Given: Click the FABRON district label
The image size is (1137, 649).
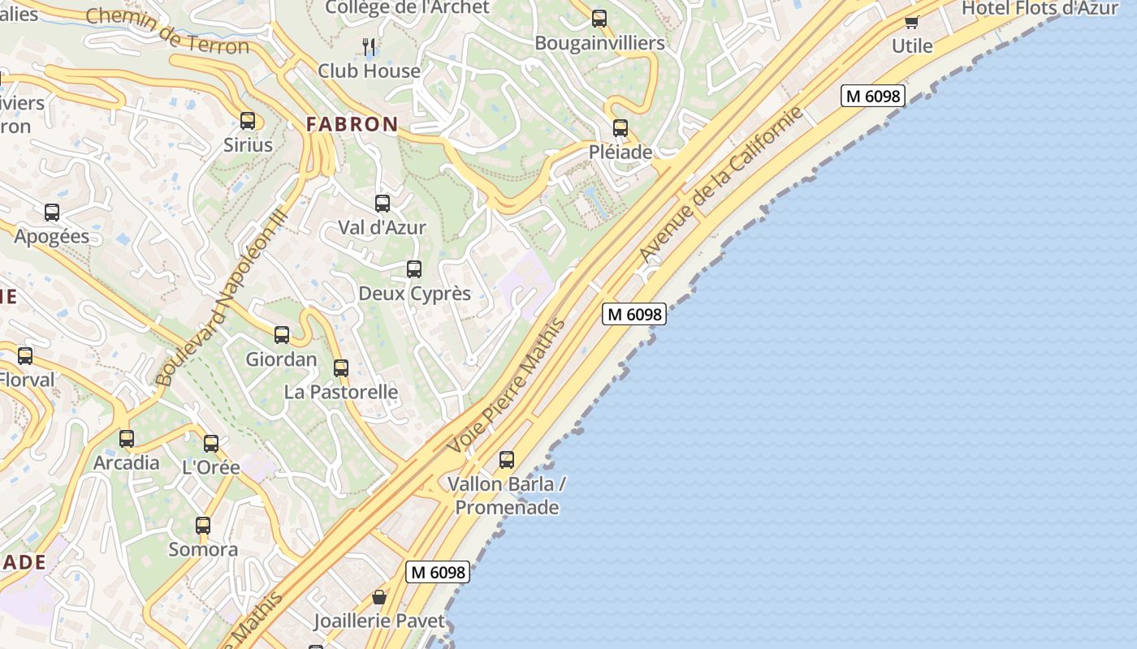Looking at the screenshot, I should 352,124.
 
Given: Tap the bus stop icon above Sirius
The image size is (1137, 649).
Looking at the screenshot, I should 248,121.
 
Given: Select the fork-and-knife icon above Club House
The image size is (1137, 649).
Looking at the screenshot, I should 369,45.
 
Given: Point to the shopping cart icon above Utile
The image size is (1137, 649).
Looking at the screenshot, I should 911,22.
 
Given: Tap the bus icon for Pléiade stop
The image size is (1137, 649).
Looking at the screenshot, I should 620,128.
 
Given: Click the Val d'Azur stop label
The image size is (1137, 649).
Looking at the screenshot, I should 382,227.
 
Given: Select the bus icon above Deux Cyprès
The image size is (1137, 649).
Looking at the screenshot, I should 414,269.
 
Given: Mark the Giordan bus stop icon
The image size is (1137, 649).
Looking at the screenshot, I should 282,335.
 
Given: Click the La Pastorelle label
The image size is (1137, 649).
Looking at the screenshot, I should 341,392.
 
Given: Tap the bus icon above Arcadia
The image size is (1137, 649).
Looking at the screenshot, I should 127,439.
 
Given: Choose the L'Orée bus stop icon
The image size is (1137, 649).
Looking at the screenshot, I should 211,444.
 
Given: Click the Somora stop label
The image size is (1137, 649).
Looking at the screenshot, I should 203,549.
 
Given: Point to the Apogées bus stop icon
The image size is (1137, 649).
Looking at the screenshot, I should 52,213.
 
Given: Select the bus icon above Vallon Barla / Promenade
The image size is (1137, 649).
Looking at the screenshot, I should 507,460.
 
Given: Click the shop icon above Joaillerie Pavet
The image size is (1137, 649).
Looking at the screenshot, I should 379,598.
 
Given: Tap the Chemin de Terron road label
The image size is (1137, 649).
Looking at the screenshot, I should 167,31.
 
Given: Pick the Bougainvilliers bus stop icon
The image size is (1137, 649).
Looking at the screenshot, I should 599,19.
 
